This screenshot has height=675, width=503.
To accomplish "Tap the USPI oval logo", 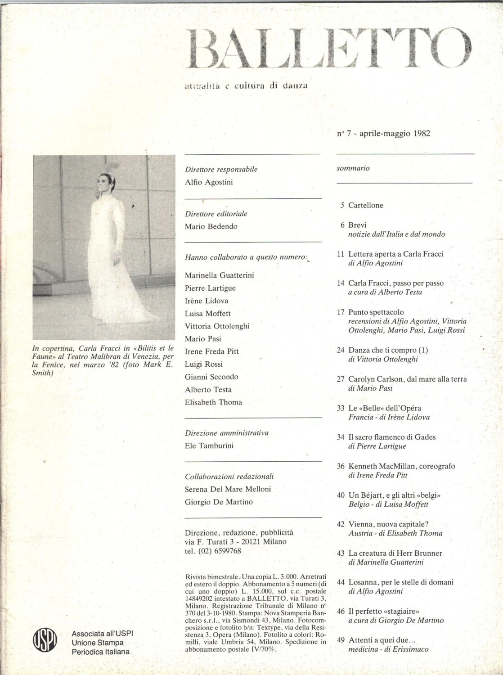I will [45, 641].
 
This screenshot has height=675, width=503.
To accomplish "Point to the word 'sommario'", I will [353, 168].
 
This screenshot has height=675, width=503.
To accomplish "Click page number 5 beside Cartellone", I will [342, 205].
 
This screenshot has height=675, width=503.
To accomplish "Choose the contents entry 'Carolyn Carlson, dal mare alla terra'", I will [407, 379].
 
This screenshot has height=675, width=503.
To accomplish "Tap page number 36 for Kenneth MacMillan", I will [341, 466].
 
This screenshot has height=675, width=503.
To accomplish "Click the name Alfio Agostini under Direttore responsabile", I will [209, 182].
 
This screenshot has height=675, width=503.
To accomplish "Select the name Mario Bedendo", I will [211, 226].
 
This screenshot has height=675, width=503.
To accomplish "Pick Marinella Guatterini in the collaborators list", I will [219, 275].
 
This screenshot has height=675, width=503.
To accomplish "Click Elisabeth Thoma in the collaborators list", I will [213, 402].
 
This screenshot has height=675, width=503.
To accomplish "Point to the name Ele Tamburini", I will [209, 445].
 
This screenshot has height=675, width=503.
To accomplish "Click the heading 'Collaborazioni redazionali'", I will [229, 476].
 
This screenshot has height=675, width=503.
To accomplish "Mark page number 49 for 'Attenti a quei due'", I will [341, 640].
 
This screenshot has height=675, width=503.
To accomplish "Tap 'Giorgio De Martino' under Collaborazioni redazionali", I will [219, 502].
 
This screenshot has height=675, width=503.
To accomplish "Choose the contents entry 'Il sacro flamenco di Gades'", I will [392, 437].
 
